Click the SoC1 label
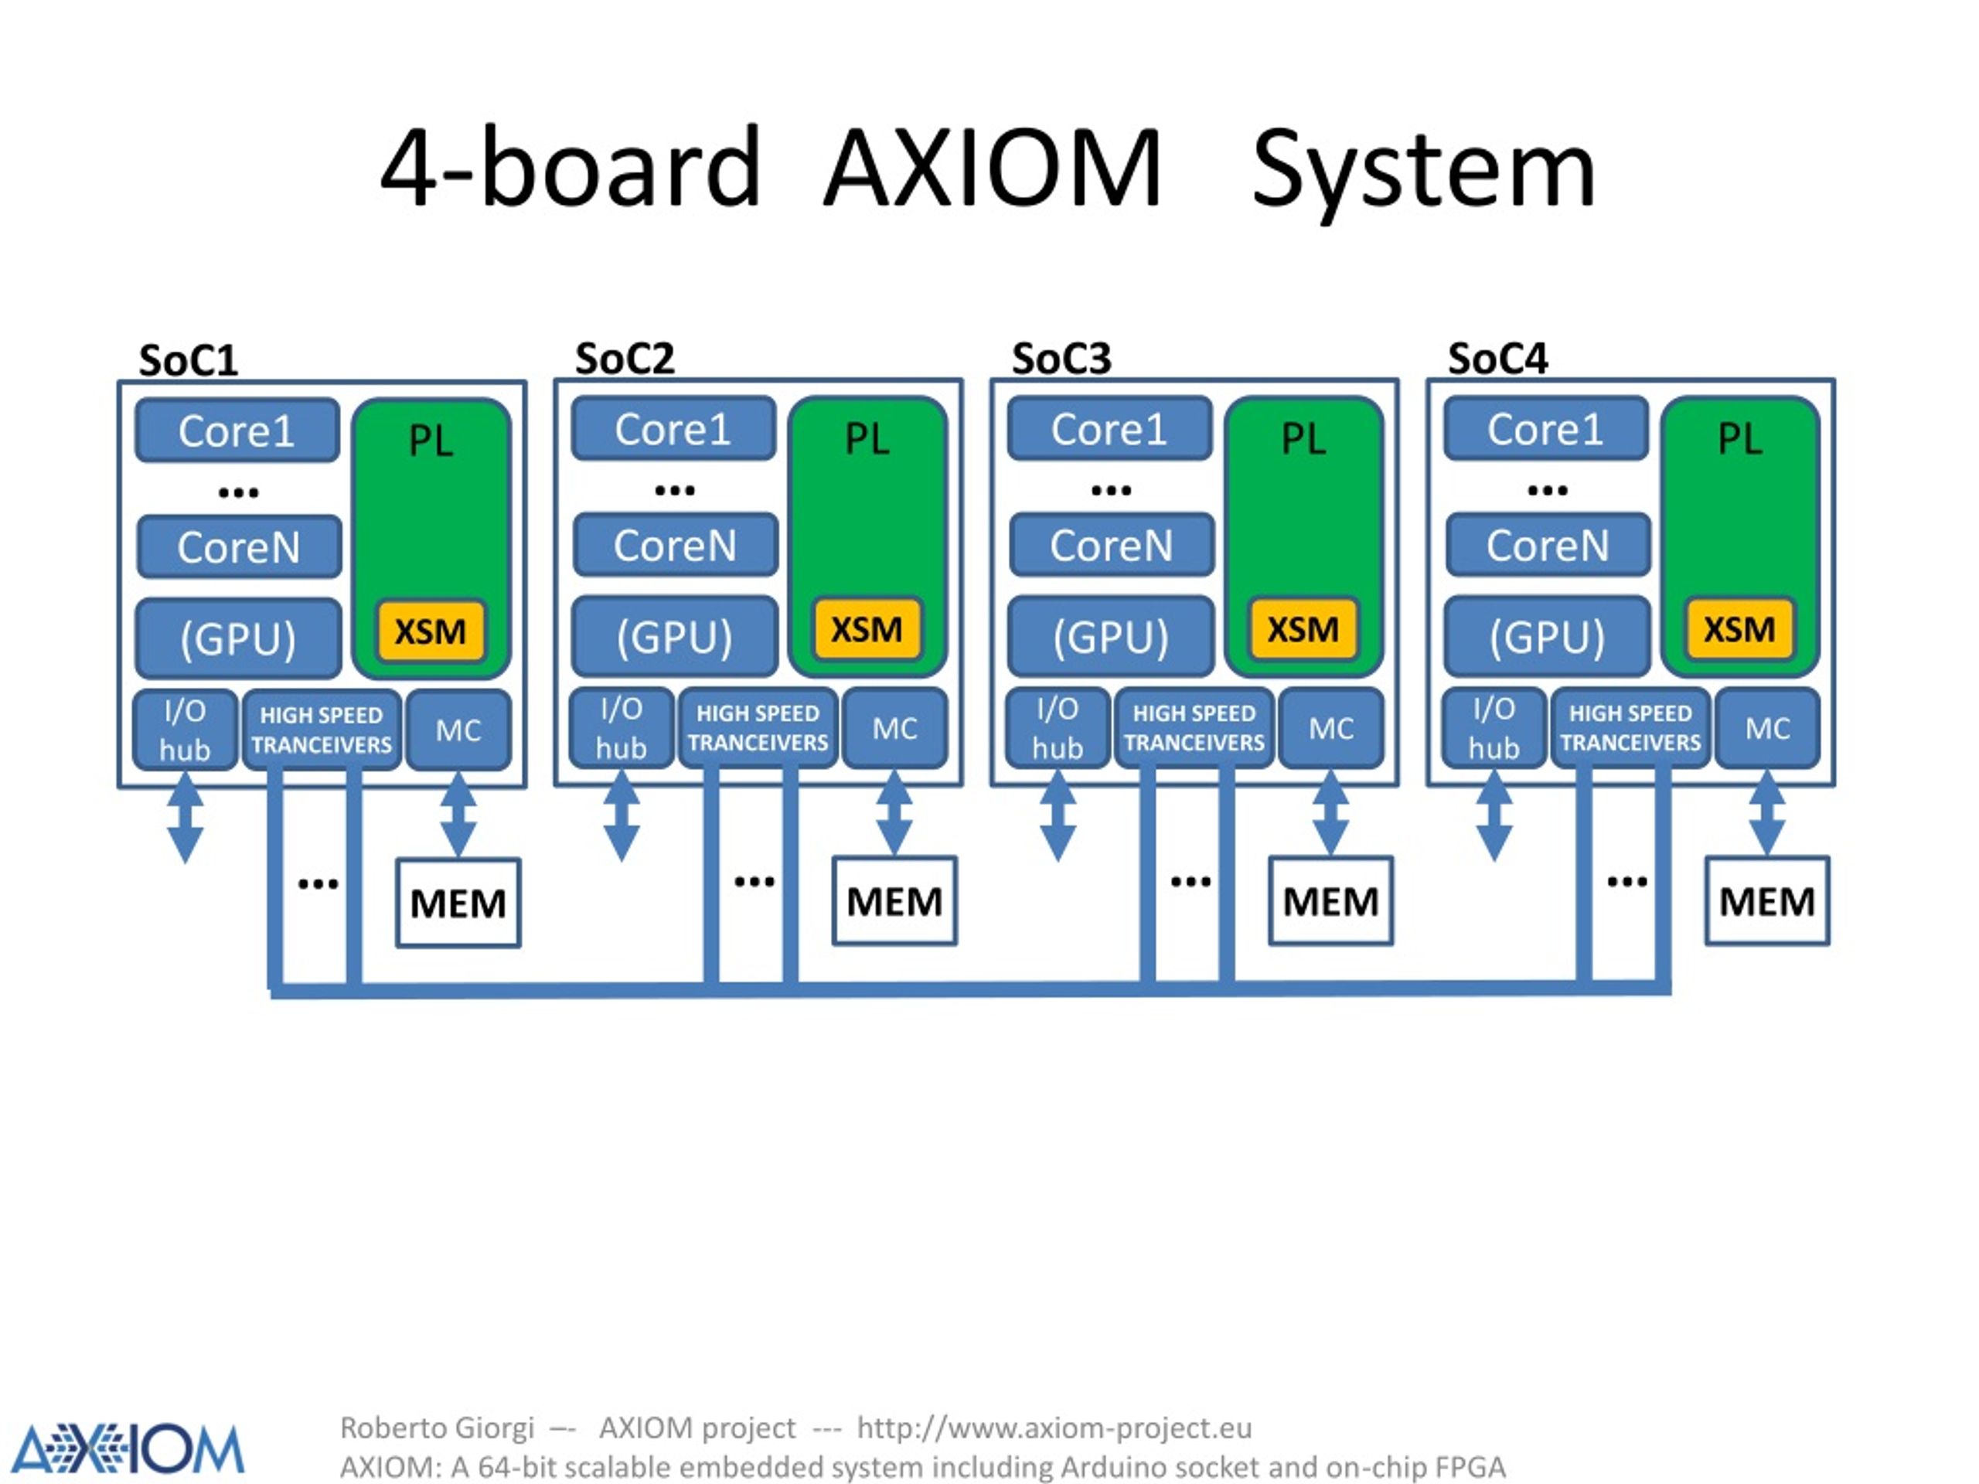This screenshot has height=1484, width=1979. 189,360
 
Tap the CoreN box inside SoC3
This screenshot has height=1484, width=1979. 1111,545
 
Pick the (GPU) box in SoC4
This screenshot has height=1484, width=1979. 1547,637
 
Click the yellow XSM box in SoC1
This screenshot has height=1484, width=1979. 431,631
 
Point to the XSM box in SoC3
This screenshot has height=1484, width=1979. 1303,630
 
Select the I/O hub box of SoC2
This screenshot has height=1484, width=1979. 622,728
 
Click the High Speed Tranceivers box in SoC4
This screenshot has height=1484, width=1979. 1631,728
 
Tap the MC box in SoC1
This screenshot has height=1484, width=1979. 459,730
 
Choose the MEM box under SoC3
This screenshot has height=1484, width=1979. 1331,900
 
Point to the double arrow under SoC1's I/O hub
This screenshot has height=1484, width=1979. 186,817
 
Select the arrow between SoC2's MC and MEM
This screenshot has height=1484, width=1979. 894,813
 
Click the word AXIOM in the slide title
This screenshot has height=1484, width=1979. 992,168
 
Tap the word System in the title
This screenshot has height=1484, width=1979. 1424,172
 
